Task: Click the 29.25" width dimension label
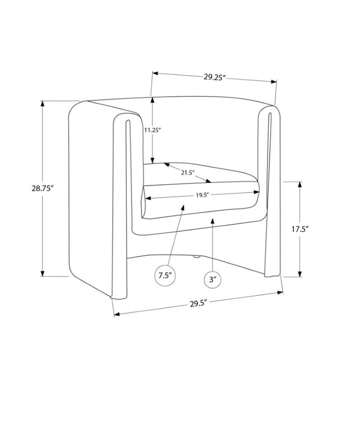click(214, 77)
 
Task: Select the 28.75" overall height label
click(43, 188)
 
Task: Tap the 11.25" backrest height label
click(152, 130)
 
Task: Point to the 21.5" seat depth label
click(187, 173)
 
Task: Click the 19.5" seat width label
click(202, 195)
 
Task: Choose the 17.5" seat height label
click(300, 229)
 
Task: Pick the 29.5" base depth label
click(199, 303)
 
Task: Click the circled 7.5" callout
click(165, 276)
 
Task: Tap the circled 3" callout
click(212, 279)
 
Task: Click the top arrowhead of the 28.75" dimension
click(43, 103)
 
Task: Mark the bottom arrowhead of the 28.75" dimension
click(43, 273)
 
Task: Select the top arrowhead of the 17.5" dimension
click(300, 185)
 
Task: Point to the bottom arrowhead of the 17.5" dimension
click(300, 274)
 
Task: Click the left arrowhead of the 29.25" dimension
click(155, 74)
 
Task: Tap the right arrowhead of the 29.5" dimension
click(280, 292)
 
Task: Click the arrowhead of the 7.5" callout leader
click(183, 208)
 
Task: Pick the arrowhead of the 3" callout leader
click(212, 222)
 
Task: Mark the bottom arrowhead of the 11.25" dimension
click(152, 160)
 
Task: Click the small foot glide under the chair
click(197, 257)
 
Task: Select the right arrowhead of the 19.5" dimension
click(257, 192)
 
